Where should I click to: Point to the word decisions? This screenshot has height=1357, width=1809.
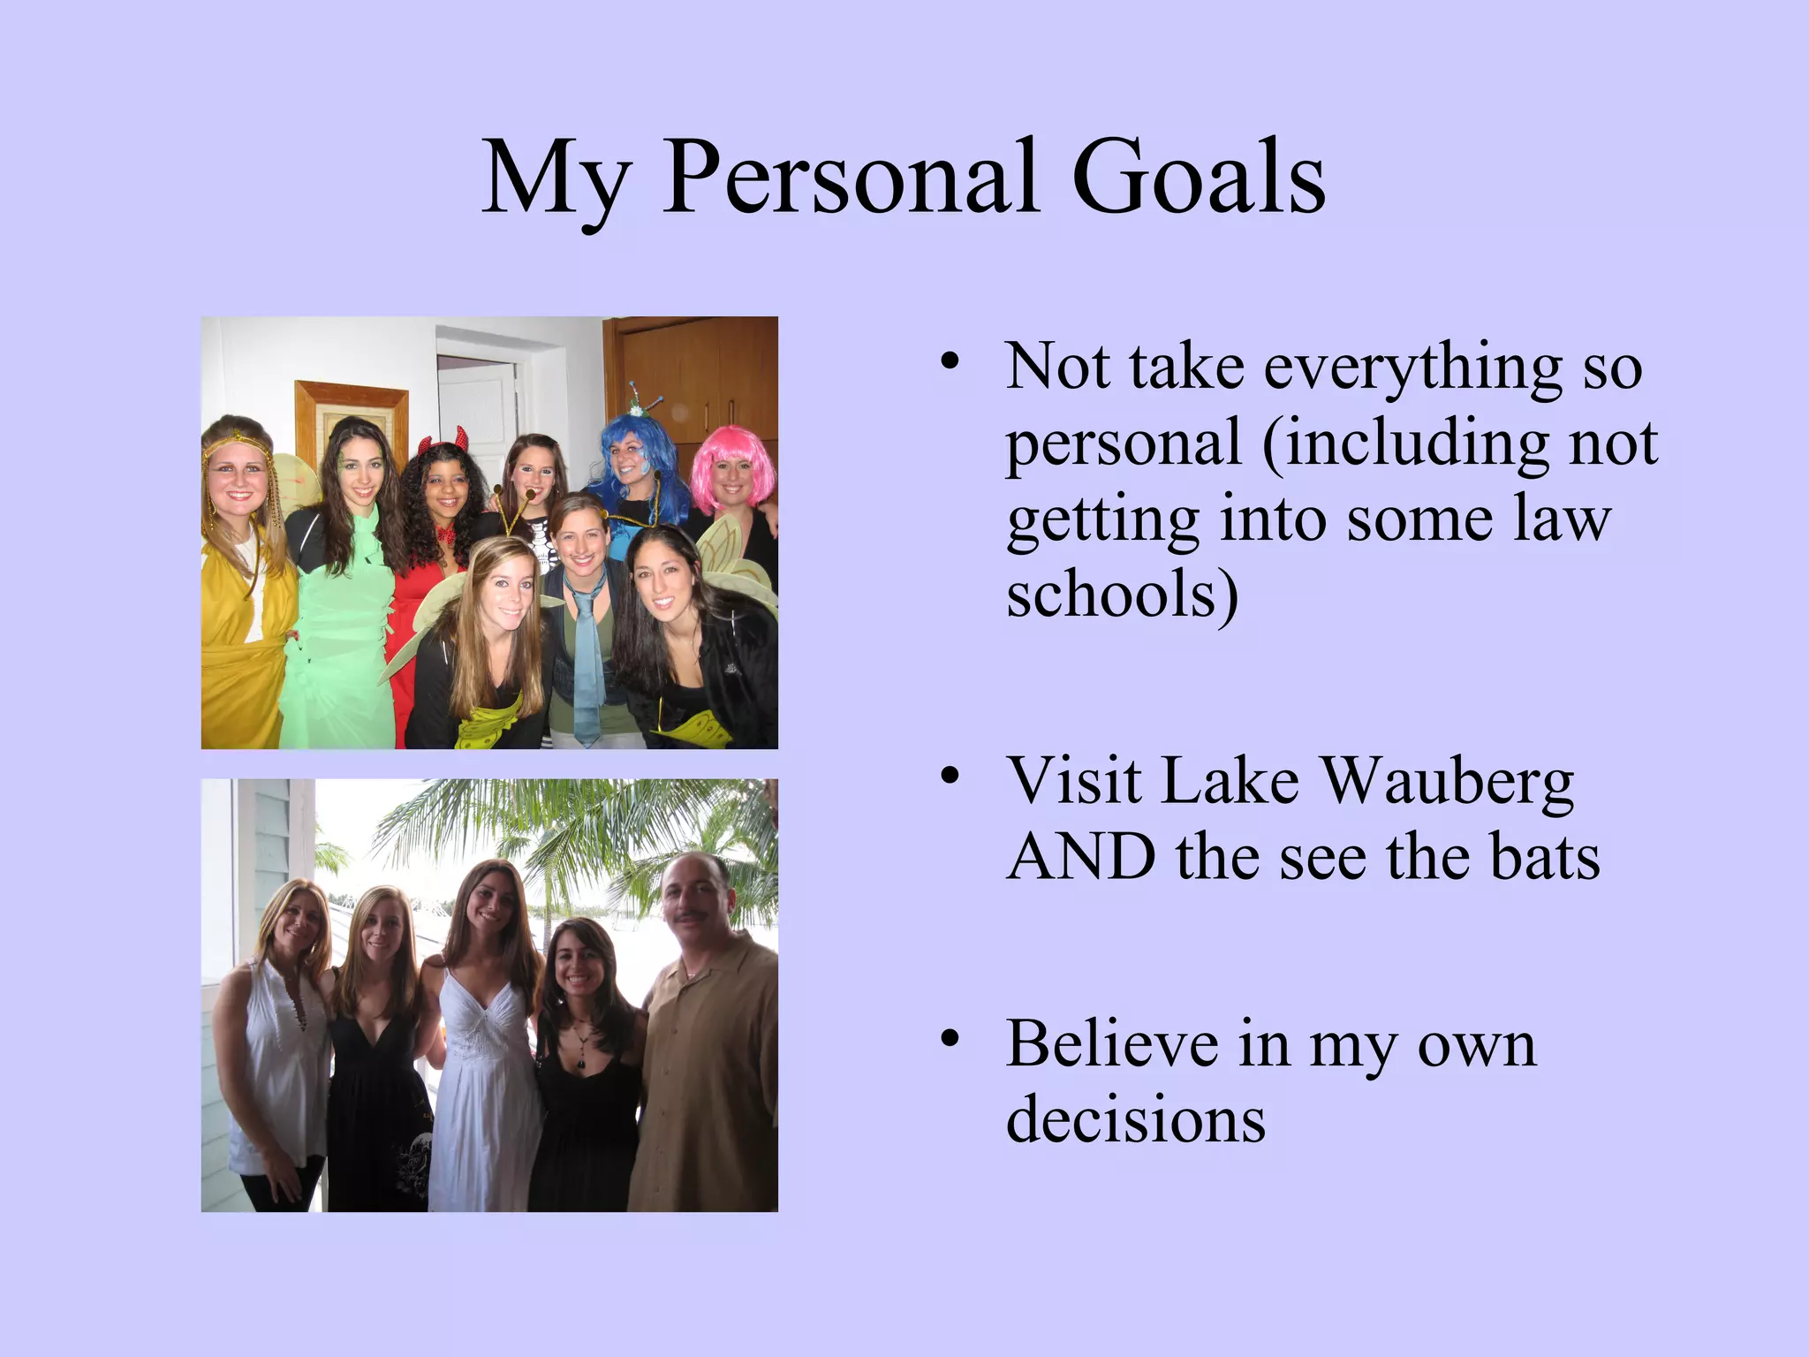(x=1136, y=1120)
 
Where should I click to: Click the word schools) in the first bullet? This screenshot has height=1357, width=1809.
(x=1122, y=595)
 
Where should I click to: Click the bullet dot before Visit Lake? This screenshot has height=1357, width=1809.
(x=950, y=777)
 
